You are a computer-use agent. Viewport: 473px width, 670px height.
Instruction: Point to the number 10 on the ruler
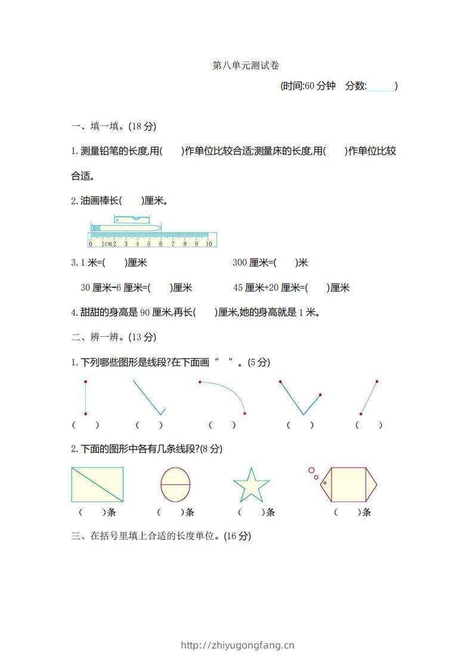[209, 244]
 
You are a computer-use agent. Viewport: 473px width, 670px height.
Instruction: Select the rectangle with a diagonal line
[97, 484]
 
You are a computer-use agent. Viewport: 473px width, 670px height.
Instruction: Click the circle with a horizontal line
[175, 484]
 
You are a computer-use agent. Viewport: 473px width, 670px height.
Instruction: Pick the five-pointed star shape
[251, 485]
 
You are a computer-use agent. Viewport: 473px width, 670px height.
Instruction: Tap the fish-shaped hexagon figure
[348, 484]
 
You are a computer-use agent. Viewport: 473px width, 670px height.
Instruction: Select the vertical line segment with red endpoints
[86, 397]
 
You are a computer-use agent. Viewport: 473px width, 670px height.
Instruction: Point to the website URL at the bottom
[237, 645]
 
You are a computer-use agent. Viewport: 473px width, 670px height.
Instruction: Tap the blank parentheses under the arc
[222, 425]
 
